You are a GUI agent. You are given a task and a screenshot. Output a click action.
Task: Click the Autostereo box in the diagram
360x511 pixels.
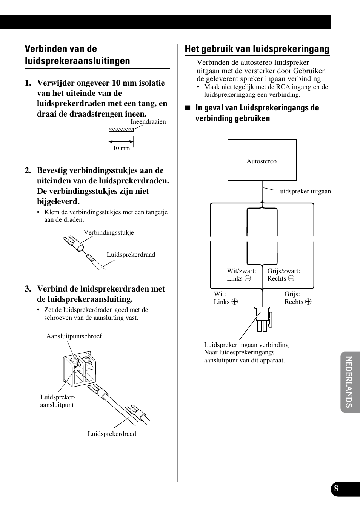(262, 160)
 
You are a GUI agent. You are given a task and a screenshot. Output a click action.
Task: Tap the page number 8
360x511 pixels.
(336, 489)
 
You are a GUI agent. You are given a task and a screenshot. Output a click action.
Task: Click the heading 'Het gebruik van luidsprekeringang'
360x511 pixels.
(257, 49)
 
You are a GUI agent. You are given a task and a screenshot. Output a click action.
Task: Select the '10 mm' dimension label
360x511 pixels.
(122, 148)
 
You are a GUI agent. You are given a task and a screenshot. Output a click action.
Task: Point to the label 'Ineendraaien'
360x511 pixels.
(148, 121)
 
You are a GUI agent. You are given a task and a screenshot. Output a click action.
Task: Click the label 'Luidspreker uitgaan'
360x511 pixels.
(303, 191)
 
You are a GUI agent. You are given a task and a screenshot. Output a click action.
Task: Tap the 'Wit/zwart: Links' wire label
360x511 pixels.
(241, 275)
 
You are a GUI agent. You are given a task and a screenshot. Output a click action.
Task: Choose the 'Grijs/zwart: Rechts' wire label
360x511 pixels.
(283, 275)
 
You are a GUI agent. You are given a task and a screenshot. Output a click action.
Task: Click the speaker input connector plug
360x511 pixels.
(263, 319)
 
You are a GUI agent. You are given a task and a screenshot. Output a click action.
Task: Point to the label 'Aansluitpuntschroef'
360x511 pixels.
(74, 336)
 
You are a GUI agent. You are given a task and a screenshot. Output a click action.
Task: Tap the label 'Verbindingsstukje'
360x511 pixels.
(109, 232)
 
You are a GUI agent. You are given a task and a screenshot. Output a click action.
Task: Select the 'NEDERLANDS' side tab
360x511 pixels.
(349, 382)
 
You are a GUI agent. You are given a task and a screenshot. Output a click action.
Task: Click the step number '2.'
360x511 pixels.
(28, 170)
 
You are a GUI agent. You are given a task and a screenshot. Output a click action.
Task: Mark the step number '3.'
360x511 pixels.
(28, 289)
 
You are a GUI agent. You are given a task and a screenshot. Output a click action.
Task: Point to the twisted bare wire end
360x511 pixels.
(121, 130)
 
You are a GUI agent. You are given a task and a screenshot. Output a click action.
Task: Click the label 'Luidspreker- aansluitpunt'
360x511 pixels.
(58, 401)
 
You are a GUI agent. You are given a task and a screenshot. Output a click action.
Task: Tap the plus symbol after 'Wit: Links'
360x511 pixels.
(235, 302)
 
